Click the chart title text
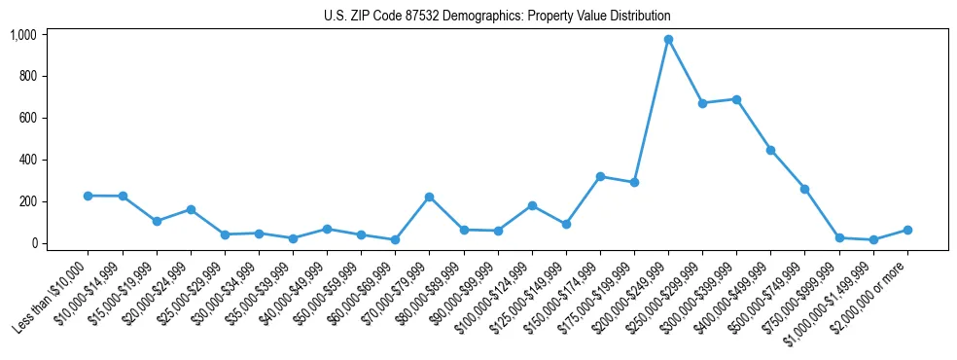(x=497, y=17)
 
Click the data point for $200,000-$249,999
(x=668, y=40)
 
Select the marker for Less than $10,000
(x=89, y=196)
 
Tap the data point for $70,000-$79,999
(x=429, y=197)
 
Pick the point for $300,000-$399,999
(x=736, y=99)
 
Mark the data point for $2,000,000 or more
(x=907, y=230)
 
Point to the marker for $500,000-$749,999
(x=804, y=189)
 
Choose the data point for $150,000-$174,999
(x=600, y=176)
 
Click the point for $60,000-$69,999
(x=395, y=239)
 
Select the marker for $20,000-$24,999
(x=191, y=209)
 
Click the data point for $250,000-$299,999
(x=702, y=103)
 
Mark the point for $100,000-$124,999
(x=532, y=205)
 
